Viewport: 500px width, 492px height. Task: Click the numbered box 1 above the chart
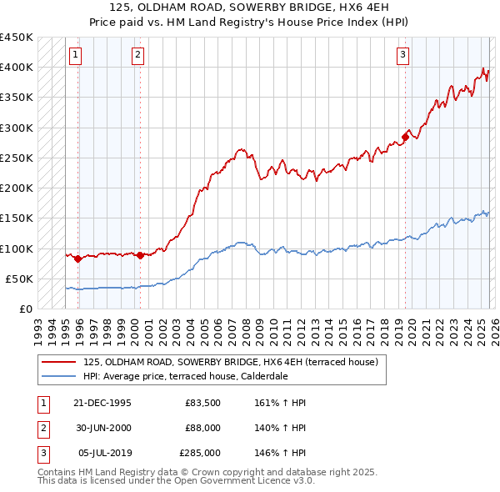coord(75,56)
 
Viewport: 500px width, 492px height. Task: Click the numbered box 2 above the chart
coord(137,56)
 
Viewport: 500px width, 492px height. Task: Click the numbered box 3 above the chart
coord(402,56)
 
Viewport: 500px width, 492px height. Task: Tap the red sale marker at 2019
coord(406,137)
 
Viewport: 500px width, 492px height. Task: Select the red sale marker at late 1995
coord(77,259)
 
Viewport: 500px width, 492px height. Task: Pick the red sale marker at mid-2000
coord(140,255)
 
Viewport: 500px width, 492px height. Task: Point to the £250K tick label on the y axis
coord(17,158)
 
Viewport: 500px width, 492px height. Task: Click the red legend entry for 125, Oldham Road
coord(231,362)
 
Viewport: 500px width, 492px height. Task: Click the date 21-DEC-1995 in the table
coord(103,403)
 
